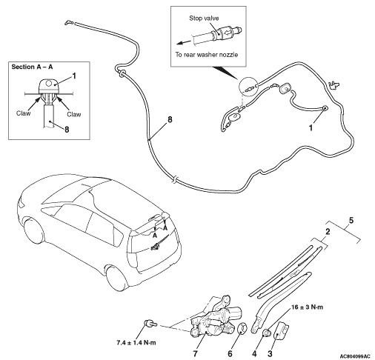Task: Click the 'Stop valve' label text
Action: [x=204, y=19]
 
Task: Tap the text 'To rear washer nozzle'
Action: [x=207, y=55]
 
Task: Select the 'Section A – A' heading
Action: [x=32, y=67]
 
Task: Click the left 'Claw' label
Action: [x=24, y=113]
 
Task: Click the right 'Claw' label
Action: [x=74, y=114]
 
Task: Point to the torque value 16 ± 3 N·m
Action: [x=307, y=307]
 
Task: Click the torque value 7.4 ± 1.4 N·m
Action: [x=136, y=343]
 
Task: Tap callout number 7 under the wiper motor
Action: [x=196, y=354]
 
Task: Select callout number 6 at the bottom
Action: [x=230, y=354]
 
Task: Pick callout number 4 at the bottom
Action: [x=254, y=354]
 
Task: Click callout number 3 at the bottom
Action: [x=270, y=354]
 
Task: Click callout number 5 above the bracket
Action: [x=351, y=220]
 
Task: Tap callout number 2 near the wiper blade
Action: [x=328, y=232]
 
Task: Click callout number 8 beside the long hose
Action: [x=170, y=120]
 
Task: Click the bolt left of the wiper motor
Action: [x=150, y=324]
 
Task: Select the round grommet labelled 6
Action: [x=242, y=328]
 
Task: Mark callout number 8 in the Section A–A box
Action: [x=67, y=130]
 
